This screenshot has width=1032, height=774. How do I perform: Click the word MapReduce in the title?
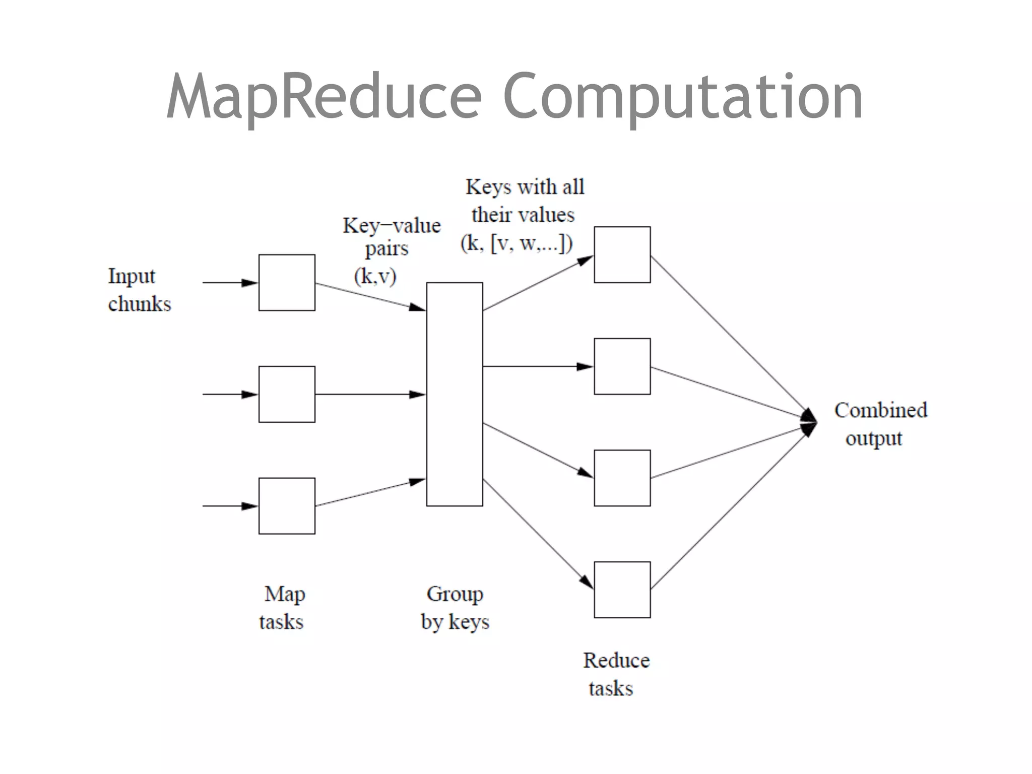coord(324,97)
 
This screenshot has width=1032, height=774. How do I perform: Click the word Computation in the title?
coord(683,97)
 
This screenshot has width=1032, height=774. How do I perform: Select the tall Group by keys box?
coord(455,394)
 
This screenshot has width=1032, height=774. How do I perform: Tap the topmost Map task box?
coord(287,283)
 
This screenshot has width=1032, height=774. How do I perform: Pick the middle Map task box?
coord(287,394)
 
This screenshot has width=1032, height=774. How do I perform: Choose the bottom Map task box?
coord(287,506)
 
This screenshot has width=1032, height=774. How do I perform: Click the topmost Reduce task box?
coord(622,254)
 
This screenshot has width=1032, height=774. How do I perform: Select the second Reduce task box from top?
coord(622,366)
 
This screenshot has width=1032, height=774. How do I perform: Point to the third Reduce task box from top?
coord(622,478)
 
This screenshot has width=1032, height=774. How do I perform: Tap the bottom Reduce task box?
coord(622,590)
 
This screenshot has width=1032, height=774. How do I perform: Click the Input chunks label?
coord(139,290)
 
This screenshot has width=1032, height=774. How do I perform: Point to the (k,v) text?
coord(375,276)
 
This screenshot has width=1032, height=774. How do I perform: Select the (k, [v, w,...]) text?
coord(517,243)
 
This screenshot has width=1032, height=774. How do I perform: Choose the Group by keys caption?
coord(455,608)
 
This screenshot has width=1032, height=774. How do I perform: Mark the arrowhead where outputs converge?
coord(809,422)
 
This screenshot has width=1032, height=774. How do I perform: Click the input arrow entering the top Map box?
coord(230,283)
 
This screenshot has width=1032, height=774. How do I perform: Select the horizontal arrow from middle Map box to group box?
coord(370,394)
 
